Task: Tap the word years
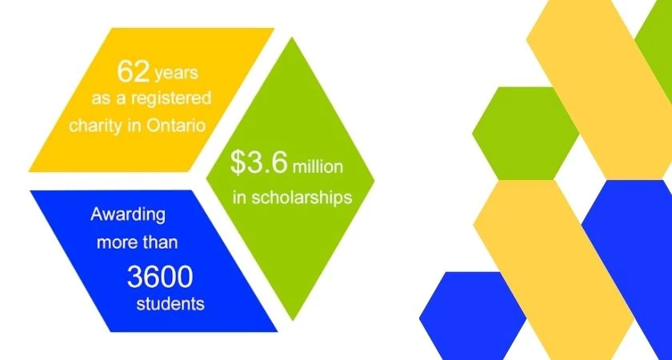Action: [x=176, y=75]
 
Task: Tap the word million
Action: [x=318, y=167]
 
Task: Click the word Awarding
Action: [x=127, y=215]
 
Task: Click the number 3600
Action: [x=159, y=277]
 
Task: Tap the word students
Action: [x=170, y=304]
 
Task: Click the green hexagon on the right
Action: [x=525, y=132]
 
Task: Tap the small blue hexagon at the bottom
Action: [x=472, y=316]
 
